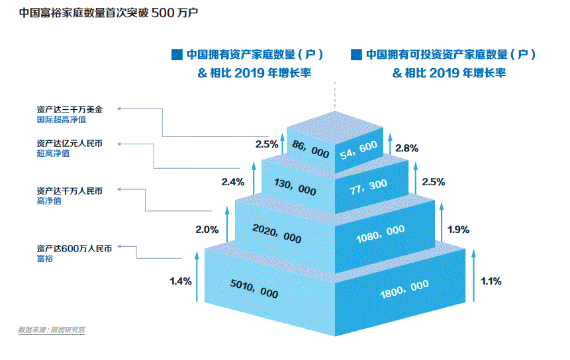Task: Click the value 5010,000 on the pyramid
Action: point(254,289)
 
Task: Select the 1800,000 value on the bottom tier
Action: point(405,287)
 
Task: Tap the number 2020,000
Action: point(277,232)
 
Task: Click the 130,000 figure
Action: point(294,187)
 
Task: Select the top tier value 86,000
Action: point(310,150)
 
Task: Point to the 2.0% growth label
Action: point(207,230)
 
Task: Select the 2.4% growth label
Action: point(234,181)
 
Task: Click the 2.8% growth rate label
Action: point(407,149)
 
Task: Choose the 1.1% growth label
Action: point(491,281)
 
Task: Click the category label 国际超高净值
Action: point(62,120)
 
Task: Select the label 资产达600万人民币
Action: point(75,249)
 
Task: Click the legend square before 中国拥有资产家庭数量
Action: point(176,54)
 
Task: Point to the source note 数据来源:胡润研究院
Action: point(52,330)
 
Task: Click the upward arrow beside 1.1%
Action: point(473,275)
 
